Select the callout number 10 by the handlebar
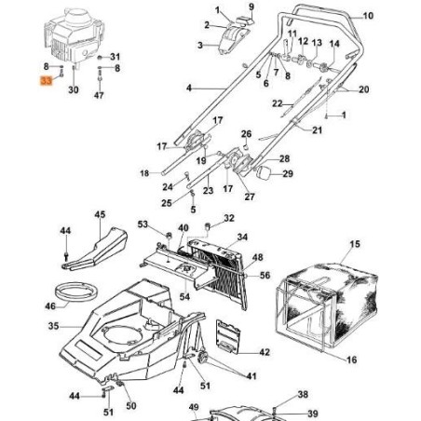[367, 17]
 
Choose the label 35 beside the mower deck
[53, 326]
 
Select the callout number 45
[100, 215]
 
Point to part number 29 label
[287, 174]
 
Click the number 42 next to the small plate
[265, 352]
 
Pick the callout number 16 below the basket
[352, 360]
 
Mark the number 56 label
[265, 276]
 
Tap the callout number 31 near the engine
[115, 58]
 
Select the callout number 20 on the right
[363, 89]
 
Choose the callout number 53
[143, 224]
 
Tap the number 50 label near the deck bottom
[131, 405]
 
